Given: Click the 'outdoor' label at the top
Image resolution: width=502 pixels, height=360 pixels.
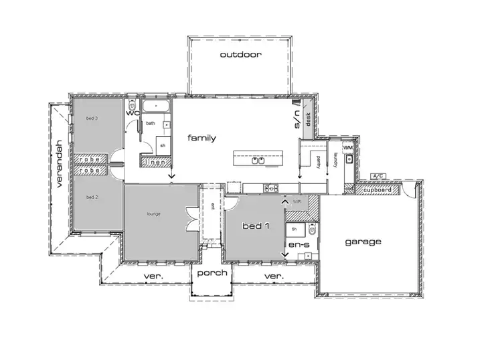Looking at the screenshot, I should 240,55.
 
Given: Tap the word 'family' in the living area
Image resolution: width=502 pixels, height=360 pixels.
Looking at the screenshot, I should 201,138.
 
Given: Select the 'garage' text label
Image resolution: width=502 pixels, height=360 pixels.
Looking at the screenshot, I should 363,242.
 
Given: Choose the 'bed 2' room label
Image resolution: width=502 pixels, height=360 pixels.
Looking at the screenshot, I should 92,197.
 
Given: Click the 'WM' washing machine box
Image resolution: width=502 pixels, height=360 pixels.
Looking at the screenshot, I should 347,147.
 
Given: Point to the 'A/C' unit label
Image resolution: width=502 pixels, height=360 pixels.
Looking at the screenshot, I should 379,177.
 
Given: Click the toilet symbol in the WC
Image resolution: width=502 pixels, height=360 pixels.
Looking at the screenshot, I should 133,107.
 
